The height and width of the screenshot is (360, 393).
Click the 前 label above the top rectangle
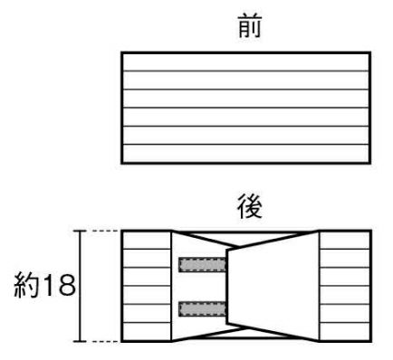point(250,27)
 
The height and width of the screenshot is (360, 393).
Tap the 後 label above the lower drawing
point(250,206)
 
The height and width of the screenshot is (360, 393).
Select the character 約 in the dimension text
point(26,285)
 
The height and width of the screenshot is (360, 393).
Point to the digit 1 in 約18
point(48,285)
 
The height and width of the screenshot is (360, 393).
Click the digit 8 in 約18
point(65,285)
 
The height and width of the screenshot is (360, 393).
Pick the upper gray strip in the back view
point(202,265)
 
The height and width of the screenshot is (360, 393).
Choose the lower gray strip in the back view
point(202,309)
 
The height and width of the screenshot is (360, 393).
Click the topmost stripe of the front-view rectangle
point(246,62)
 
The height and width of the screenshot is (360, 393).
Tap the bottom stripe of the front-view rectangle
point(246,154)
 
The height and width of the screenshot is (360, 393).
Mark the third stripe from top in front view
point(246,99)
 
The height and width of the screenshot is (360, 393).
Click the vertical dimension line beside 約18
point(80,286)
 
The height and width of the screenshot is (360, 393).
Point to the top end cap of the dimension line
point(80,231)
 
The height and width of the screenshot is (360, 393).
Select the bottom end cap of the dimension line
point(80,341)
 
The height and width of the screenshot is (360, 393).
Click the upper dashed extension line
point(105,231)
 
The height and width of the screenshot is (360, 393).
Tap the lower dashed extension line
point(105,342)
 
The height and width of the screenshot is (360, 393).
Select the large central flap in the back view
point(273,286)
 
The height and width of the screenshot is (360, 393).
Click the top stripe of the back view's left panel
point(147,241)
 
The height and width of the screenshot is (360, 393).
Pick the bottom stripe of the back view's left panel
point(147,331)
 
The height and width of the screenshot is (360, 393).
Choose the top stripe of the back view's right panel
point(344,241)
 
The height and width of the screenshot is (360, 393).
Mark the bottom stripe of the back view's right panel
point(344,331)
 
